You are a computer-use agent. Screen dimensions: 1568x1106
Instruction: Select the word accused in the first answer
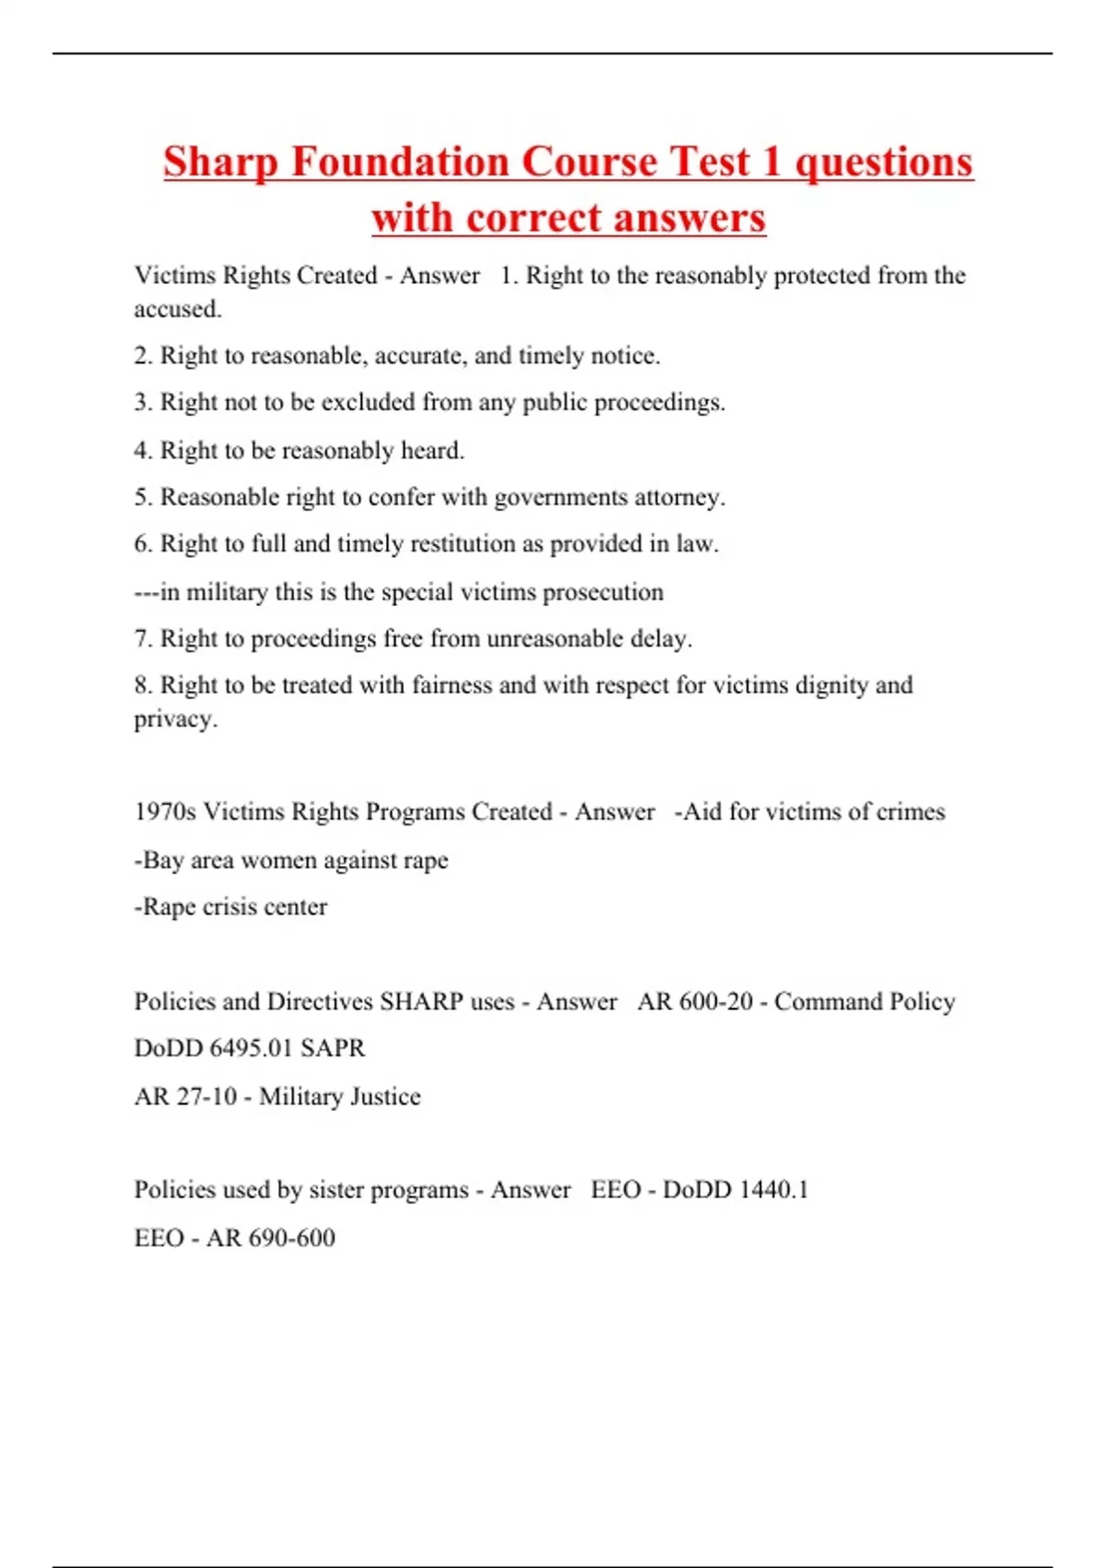pos(176,309)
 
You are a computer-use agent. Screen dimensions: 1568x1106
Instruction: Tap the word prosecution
pos(603,591)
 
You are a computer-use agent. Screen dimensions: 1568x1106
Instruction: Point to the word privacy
pos(174,719)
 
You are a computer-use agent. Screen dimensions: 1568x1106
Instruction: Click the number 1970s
pos(165,812)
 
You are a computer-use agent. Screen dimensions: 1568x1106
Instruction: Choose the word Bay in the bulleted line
pos(162,860)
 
